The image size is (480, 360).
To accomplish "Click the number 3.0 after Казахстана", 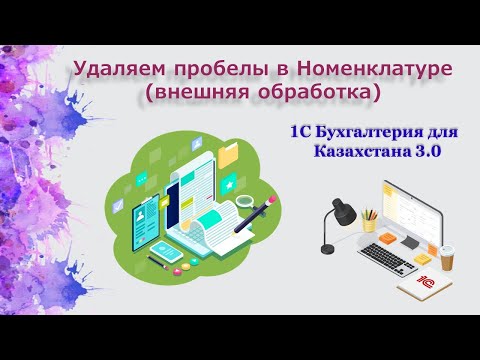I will pyautogui.click(x=426, y=151).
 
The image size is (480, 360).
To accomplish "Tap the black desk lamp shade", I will pyautogui.click(x=338, y=211).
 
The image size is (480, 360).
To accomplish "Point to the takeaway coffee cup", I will pyautogui.click(x=447, y=257).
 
